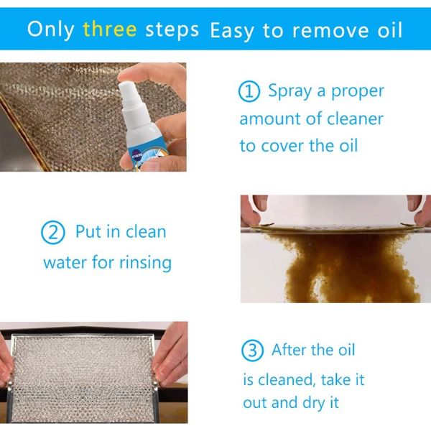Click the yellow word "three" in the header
(x=110, y=29)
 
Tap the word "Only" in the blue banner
(x=51, y=29)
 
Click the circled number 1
(x=249, y=92)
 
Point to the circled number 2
(x=52, y=232)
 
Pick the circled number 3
(x=252, y=351)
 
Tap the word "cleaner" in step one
(x=355, y=119)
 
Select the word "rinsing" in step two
(x=145, y=262)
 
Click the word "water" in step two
(x=65, y=262)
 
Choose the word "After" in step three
(x=289, y=351)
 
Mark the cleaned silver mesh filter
(x=83, y=376)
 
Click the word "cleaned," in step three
(x=286, y=380)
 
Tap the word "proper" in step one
(x=358, y=92)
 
